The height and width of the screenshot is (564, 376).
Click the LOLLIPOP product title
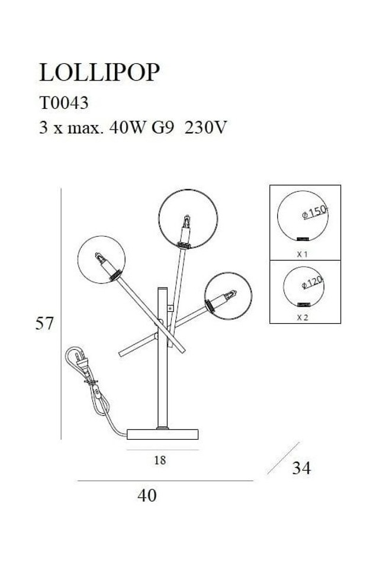point(99,72)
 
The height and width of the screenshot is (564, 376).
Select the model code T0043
point(64,103)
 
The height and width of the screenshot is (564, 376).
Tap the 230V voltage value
point(205,127)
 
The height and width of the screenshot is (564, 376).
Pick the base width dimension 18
point(160,460)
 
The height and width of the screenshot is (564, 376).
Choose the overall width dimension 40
point(147,495)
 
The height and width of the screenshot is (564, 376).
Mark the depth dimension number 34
point(301,468)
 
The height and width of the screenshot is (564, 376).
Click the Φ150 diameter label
point(315,212)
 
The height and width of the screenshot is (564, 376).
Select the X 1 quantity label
point(302,254)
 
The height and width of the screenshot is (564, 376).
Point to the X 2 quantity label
point(302,318)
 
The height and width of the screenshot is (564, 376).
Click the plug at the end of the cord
point(80,361)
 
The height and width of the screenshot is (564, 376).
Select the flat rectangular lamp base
point(163,434)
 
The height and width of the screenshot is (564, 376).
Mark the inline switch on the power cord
point(97,391)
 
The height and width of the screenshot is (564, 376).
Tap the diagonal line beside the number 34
point(283,458)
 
